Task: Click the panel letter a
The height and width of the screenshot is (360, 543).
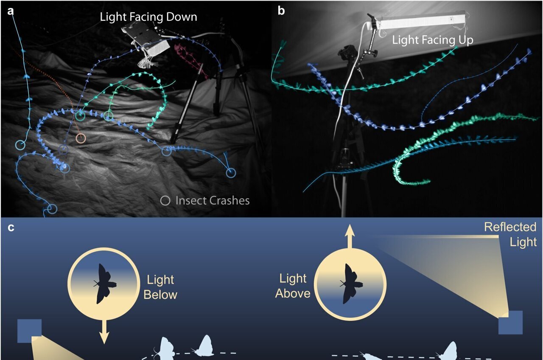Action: click(11, 11)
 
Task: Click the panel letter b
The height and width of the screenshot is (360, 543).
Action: click(281, 11)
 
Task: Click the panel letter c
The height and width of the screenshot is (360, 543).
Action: click(11, 228)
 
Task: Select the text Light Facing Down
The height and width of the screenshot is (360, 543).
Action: click(148, 17)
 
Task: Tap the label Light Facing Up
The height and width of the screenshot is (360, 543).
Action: click(433, 40)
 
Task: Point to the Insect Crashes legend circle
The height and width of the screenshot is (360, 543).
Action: click(166, 200)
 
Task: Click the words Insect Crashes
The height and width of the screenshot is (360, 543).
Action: click(212, 200)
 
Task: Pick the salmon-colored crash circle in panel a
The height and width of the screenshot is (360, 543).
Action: click(81, 138)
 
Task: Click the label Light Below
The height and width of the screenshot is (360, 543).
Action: click(160, 287)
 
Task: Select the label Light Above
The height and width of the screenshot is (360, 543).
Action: click(293, 286)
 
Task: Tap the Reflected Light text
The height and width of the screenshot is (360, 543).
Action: click(510, 234)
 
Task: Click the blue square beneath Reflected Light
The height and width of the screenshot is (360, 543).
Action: click(510, 322)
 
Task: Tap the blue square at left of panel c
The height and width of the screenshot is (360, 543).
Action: click(30, 331)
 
